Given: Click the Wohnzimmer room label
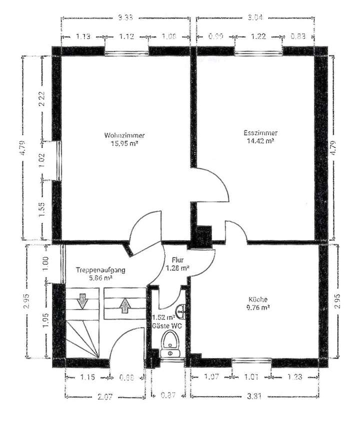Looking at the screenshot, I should (x=124, y=135).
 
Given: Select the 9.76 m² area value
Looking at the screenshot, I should (x=259, y=308).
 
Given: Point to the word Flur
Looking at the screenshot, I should (x=177, y=260).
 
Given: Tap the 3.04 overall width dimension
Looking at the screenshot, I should (x=255, y=18).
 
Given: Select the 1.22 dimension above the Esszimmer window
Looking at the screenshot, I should (x=258, y=37).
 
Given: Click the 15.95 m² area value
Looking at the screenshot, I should (x=124, y=143).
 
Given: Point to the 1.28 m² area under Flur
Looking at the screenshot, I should (x=177, y=268).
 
